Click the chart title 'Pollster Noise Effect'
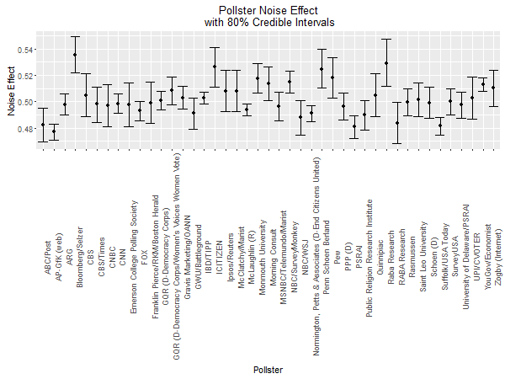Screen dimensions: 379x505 pos(267,9)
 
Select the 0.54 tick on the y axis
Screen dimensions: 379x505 pos(27,50)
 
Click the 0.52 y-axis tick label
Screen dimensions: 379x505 pos(27,76)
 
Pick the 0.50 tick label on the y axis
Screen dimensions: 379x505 pos(27,102)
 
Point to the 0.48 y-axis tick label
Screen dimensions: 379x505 pos(27,128)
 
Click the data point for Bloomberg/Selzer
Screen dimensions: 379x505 pos(75,55)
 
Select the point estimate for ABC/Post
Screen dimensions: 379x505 pos(43,125)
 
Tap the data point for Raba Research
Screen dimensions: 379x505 pos(386,63)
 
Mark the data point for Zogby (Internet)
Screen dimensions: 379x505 pos(493,87)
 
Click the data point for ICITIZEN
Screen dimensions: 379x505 pos(215,67)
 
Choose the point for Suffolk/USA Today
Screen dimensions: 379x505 pos(440,125)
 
